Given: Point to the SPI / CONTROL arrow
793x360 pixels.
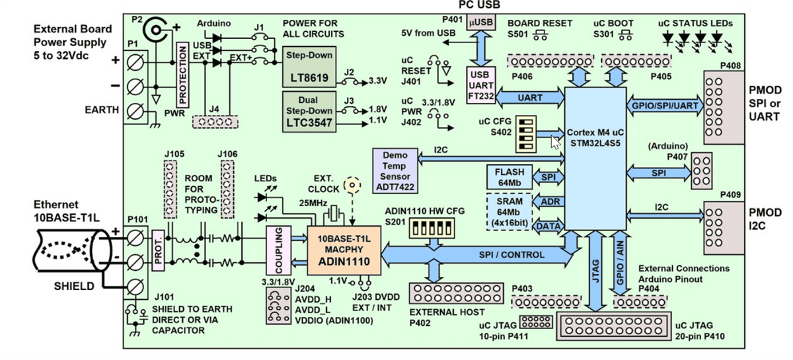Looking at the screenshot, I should click(502, 255).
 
